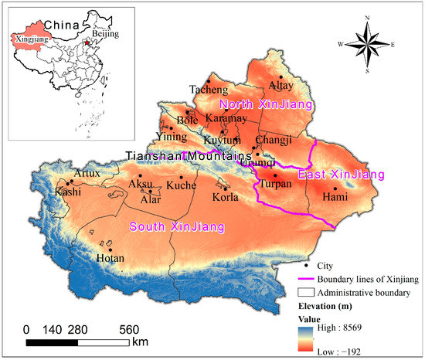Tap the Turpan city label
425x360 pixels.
(276, 185)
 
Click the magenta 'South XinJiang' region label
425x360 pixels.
(177, 227)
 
